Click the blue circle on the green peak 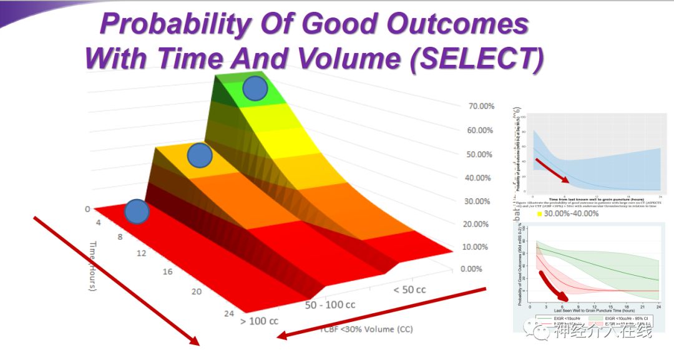point(255,88)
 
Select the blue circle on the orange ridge point(200,155)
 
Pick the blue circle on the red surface point(137,212)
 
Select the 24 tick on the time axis point(229,314)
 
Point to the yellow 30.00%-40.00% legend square point(538,214)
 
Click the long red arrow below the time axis point(115,280)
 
